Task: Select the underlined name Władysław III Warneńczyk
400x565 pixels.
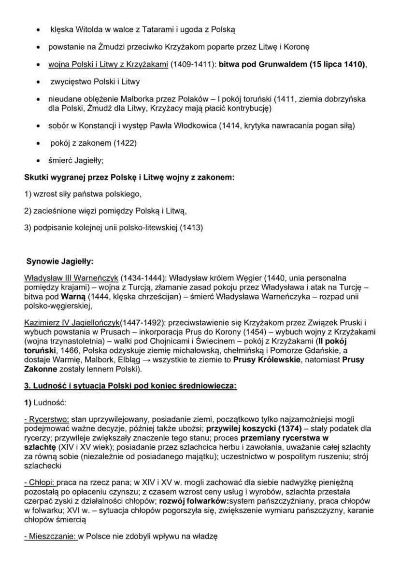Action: [71, 278]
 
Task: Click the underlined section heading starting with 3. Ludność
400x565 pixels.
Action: [130, 386]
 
